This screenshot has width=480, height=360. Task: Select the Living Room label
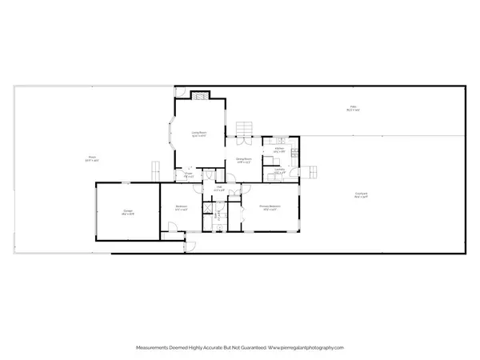point(199,134)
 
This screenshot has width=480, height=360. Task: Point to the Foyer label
point(189,174)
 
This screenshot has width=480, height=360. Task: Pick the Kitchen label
point(280,149)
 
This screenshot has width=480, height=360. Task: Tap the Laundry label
point(280,171)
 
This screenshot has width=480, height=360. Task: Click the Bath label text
point(215,214)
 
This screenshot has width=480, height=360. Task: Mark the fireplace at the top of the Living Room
point(198,95)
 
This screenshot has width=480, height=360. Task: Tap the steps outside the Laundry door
point(312,170)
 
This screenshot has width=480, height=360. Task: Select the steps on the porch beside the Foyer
point(157,170)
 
